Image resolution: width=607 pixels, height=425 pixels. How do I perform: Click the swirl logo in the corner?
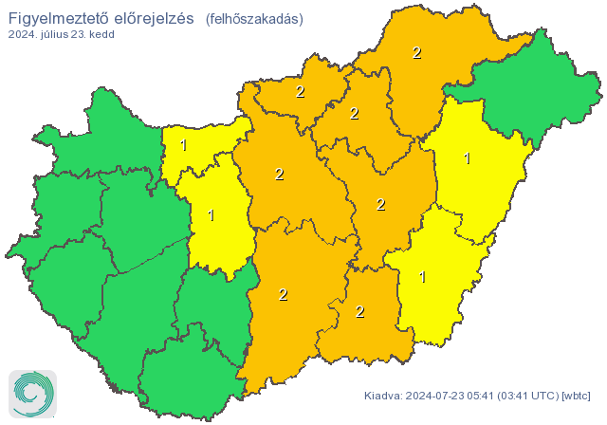click(x=31, y=393)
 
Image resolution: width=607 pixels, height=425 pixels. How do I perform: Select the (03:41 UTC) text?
click(x=528, y=396)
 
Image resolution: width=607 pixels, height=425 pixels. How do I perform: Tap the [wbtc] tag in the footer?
click(x=577, y=396)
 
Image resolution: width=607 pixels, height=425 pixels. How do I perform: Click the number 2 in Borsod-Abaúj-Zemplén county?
click(x=416, y=53)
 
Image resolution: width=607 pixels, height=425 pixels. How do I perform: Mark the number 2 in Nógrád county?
click(x=300, y=92)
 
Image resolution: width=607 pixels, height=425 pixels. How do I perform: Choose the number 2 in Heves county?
click(x=354, y=114)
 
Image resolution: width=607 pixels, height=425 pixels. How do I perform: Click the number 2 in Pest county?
click(x=279, y=175)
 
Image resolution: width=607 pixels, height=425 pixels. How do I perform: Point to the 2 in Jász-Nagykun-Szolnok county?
click(x=380, y=204)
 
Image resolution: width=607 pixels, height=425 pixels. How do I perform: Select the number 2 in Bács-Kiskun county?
click(x=283, y=294)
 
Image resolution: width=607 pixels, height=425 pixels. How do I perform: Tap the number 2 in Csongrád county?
click(x=359, y=311)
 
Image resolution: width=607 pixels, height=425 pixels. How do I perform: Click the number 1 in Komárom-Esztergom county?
click(x=183, y=145)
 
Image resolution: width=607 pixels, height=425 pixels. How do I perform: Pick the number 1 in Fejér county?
click(x=211, y=215)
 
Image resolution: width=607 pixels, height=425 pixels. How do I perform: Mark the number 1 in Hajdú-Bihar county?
click(x=467, y=158)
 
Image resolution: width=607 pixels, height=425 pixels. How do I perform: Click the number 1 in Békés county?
click(x=422, y=277)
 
